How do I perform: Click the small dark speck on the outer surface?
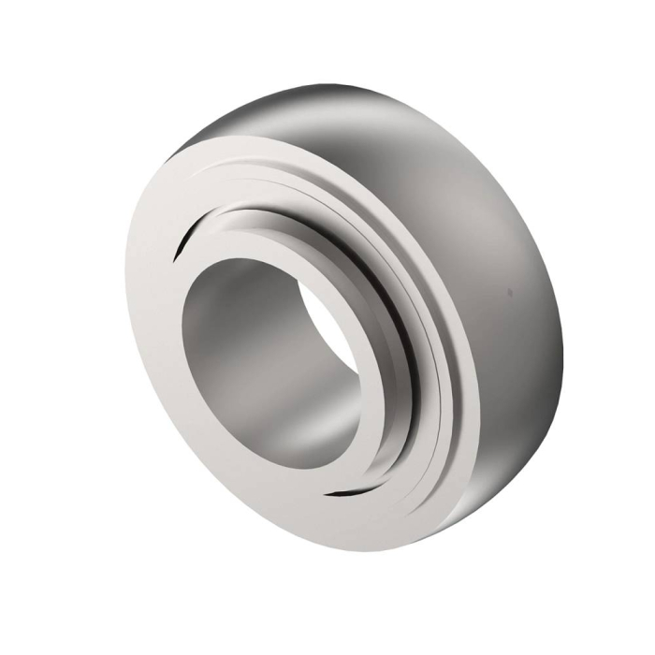[509, 292]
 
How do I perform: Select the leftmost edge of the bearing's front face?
[127, 309]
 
